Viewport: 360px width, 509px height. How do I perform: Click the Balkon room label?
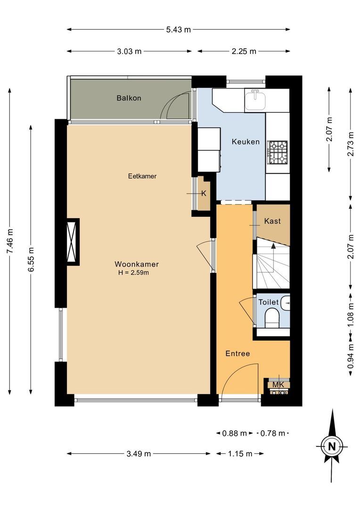coord(129,99)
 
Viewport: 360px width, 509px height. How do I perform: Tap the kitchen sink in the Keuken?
coord(255,99)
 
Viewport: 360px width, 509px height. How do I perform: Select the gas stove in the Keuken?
coord(278,152)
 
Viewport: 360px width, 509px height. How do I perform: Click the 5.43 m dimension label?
coord(178,29)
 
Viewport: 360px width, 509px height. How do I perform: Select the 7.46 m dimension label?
coord(10,241)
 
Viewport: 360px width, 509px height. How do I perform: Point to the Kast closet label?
coord(273,221)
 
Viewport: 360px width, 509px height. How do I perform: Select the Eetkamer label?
coord(142,176)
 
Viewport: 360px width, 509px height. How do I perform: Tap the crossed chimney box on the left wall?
coord(73,241)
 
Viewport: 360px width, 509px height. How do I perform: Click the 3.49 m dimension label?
coord(139,454)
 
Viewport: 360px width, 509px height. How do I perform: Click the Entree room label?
coord(237,353)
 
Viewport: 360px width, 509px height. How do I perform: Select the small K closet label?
coord(204,193)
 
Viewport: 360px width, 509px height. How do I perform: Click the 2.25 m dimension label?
coord(244,51)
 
